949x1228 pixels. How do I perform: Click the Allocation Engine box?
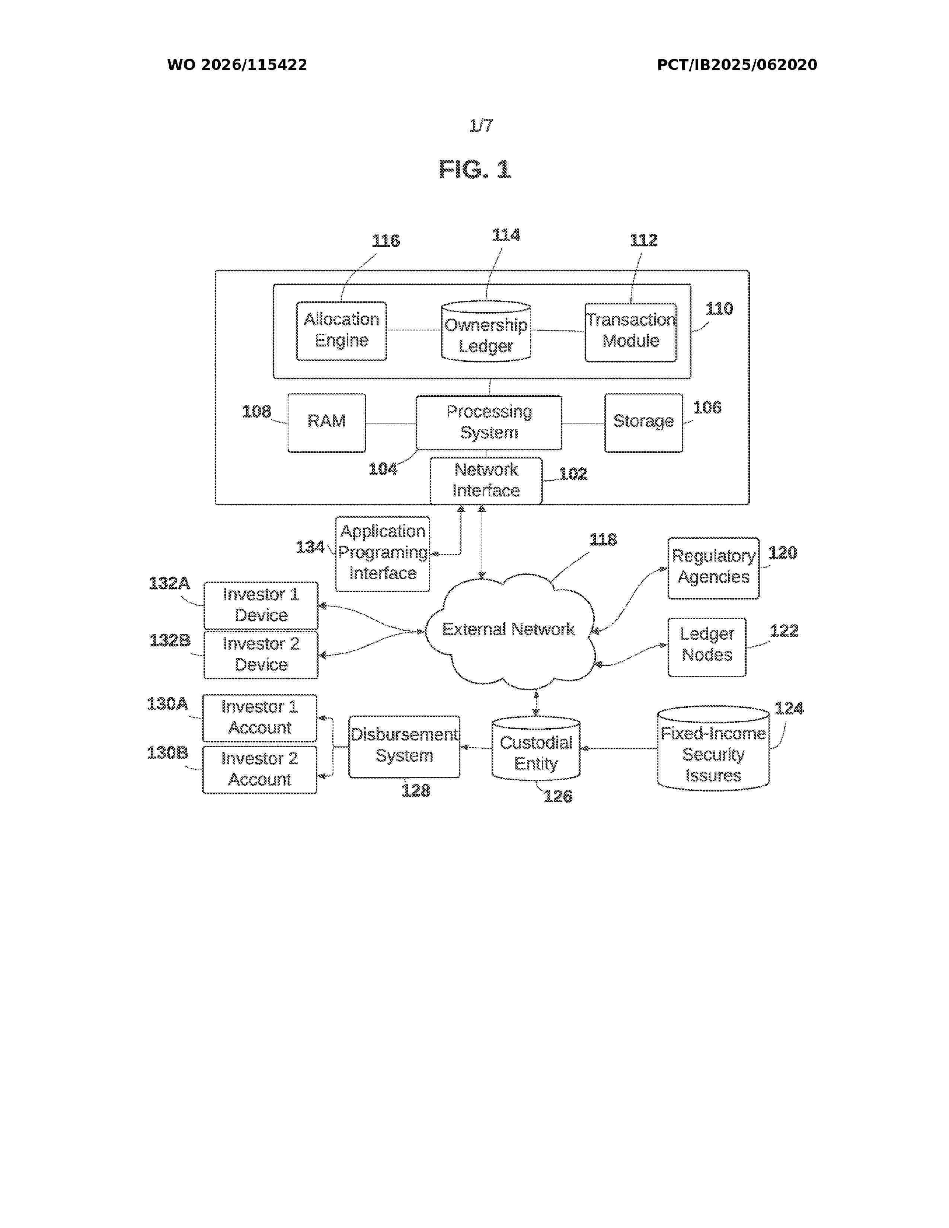click(341, 330)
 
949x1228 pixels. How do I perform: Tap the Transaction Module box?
click(630, 332)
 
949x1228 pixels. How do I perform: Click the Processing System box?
click(489, 422)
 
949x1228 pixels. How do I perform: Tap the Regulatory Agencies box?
click(713, 568)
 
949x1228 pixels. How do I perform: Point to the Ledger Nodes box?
click(707, 647)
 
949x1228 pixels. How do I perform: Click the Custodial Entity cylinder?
click(536, 748)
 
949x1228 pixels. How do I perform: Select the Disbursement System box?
click(404, 747)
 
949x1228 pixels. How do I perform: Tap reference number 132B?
click(170, 640)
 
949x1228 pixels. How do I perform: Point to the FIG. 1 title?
click(474, 169)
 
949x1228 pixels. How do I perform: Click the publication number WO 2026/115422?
click(237, 65)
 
